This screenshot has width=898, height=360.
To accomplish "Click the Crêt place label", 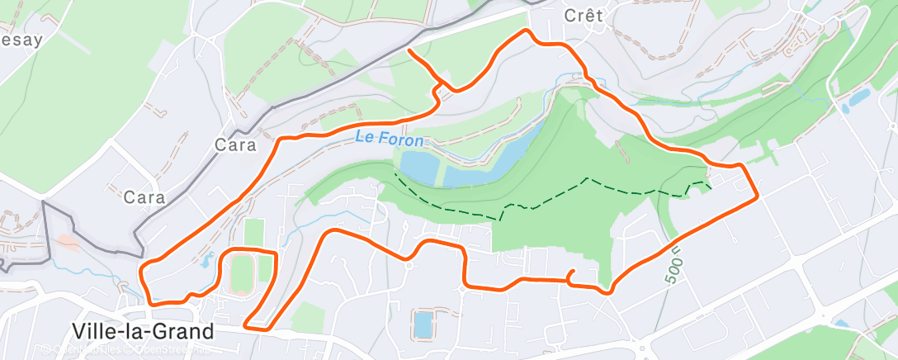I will click(584, 16).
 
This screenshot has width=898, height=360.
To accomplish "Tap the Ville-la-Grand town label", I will click(143, 332).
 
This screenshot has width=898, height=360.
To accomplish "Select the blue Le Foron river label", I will click(390, 140).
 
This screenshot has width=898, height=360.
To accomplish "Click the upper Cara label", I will click(236, 145).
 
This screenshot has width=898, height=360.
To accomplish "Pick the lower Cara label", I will click(144, 197).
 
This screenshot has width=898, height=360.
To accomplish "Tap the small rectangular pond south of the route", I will click(422, 324).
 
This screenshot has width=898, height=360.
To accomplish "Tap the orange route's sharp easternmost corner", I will click(756, 197).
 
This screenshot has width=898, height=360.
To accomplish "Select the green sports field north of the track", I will click(254, 231).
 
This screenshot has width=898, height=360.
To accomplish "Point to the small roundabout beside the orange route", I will click(408, 264).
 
